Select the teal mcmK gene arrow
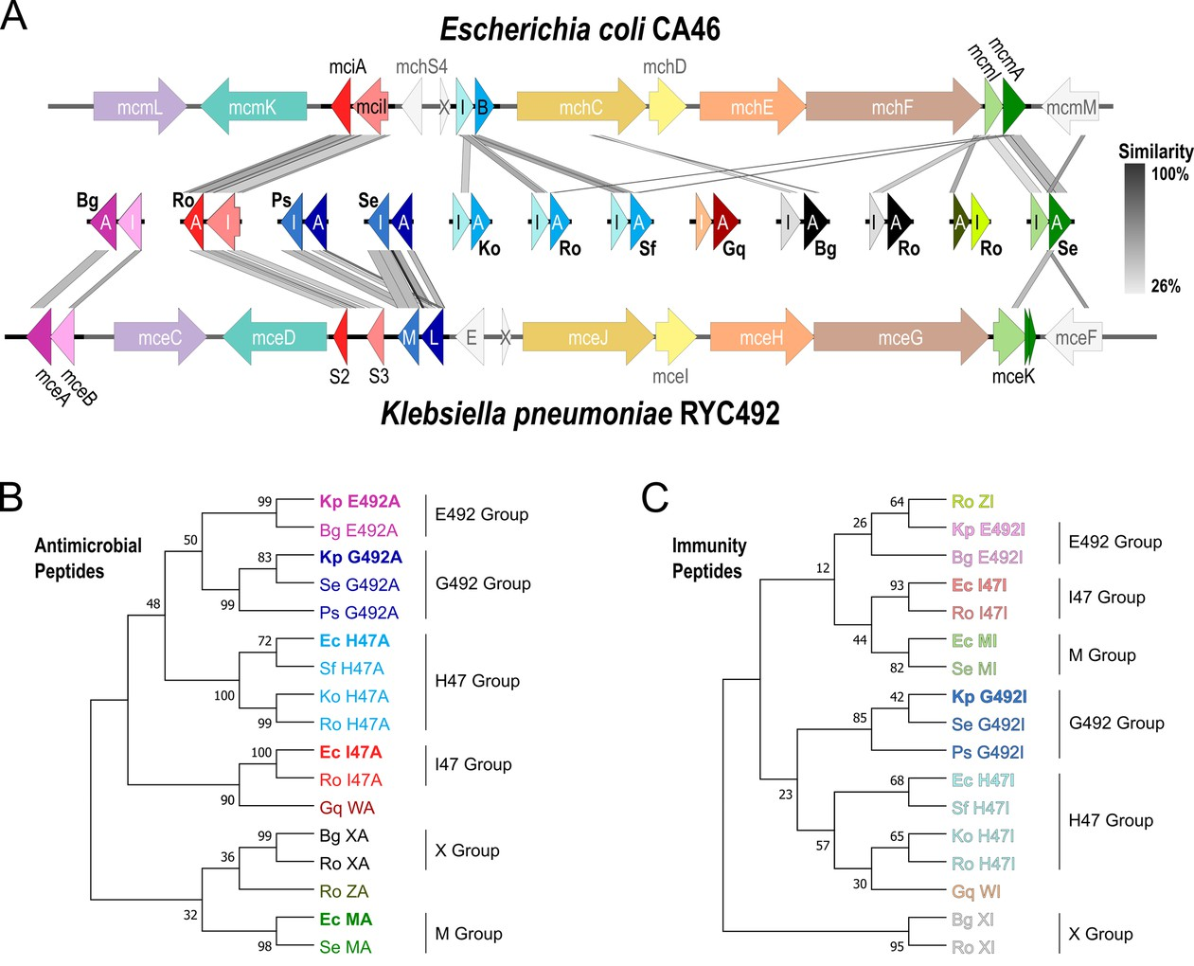click(x=253, y=107)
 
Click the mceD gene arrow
click(x=275, y=337)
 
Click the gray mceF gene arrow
click(x=1075, y=337)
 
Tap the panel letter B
click(x=11, y=496)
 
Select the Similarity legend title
click(x=1155, y=152)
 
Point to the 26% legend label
click(x=1165, y=286)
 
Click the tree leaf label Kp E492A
click(x=360, y=502)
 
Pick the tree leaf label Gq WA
click(x=347, y=808)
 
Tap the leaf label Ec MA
click(x=346, y=920)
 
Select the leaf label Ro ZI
click(x=972, y=502)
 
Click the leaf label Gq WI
click(x=975, y=892)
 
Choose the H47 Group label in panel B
click(x=477, y=681)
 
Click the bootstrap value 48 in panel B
click(x=152, y=603)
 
